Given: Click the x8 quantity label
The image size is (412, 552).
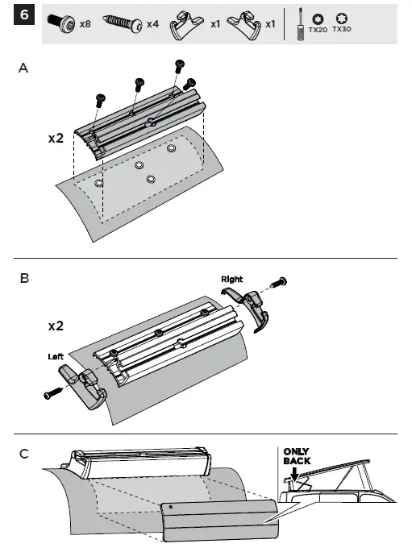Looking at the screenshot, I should pyautogui.click(x=85, y=25).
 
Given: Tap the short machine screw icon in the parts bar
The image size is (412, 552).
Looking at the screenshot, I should pyautogui.click(x=63, y=24).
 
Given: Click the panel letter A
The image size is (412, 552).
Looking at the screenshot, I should pyautogui.click(x=23, y=69).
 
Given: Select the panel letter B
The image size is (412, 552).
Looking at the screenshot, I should pyautogui.click(x=24, y=279).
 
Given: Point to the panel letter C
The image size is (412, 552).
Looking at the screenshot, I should pyautogui.click(x=24, y=453).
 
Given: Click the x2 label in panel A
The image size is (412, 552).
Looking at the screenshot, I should pyautogui.click(x=56, y=138).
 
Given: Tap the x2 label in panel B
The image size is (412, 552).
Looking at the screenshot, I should pyautogui.click(x=56, y=326).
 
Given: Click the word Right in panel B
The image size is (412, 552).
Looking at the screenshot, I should pyautogui.click(x=231, y=279).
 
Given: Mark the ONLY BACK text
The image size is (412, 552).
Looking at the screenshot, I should pyautogui.click(x=297, y=457).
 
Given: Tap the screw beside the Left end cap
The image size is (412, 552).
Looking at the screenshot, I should pyautogui.click(x=53, y=394).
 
